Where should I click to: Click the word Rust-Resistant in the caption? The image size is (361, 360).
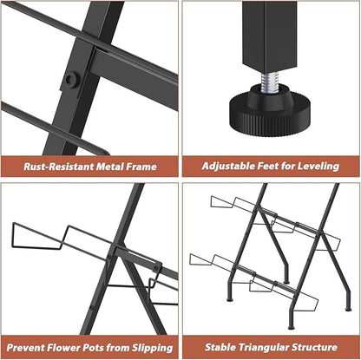tap(59, 167)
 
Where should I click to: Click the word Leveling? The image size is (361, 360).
tap(318, 167)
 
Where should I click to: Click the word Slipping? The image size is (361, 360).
tap(153, 348)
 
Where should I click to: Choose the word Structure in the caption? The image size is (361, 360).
tap(314, 347)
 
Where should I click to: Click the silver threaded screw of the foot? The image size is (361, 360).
tap(270, 82)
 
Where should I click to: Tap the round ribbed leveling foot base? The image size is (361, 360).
tap(270, 110)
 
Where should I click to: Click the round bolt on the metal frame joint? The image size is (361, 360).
tap(71, 79)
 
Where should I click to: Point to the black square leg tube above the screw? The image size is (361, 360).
tap(270, 37)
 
